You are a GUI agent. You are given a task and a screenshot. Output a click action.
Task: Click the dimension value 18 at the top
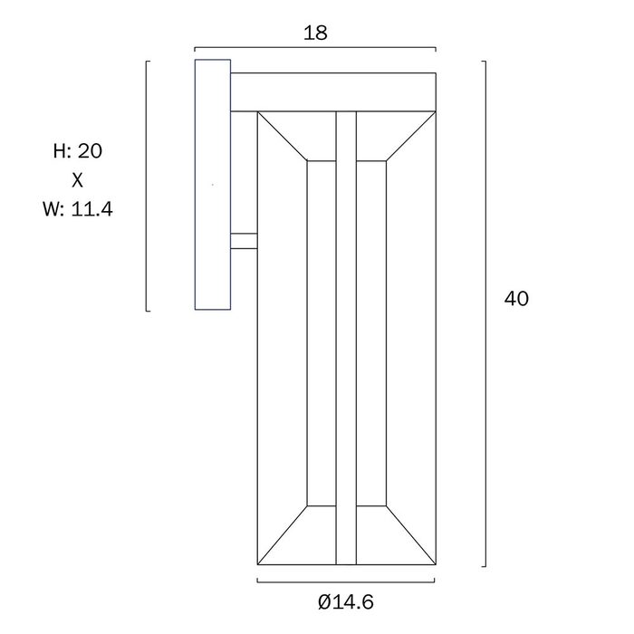coord(315,33)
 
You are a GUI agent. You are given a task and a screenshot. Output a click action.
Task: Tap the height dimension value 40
coord(516,299)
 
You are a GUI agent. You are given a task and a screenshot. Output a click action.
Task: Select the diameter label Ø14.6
coord(346,602)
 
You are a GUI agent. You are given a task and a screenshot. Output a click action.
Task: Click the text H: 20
coord(78,151)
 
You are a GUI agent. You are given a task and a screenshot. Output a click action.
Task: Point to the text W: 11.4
coord(78,209)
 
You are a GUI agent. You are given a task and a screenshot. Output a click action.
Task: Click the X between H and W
coord(77,180)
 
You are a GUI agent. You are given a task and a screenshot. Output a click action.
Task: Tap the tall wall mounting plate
coord(213,185)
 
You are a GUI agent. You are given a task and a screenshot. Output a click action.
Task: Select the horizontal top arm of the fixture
coord(333,92)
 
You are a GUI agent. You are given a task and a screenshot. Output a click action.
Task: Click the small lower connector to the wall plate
coord(244,241)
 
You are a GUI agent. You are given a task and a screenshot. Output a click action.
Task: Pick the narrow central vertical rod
coord(346,338)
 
